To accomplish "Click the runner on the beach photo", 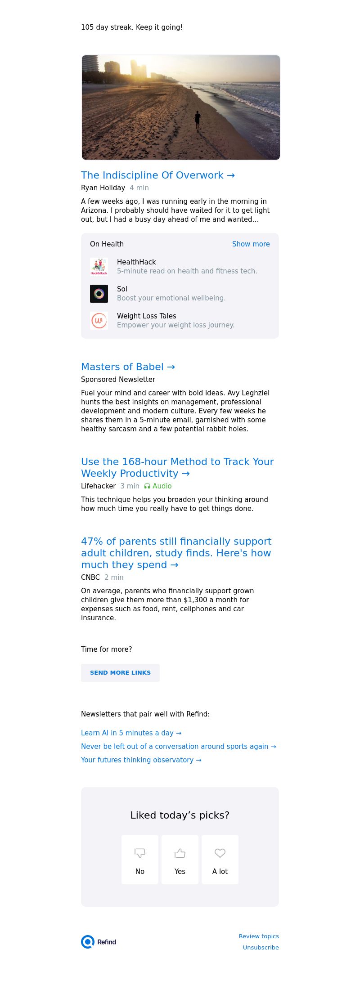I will point(197,121).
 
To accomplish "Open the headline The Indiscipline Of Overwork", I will point(157,175).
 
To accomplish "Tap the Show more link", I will point(251,244).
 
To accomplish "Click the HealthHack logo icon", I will point(99,267).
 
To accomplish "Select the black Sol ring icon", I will point(99,294).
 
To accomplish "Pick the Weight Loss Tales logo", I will point(99,321).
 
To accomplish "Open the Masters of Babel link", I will point(128,367).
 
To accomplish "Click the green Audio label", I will point(158,486).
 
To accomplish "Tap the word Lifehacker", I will point(99,486).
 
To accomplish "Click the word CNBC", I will point(90,578).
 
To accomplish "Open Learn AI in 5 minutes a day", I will point(131,733).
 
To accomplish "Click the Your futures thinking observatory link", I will point(141,760).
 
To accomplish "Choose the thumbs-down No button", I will point(140,860).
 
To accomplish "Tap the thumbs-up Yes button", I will point(180,860).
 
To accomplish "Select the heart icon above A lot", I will point(220,853).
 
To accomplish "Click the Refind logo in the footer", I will point(99,942).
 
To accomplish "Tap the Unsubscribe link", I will point(261,948).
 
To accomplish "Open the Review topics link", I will point(259,936).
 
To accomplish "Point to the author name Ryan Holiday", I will point(103,188).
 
